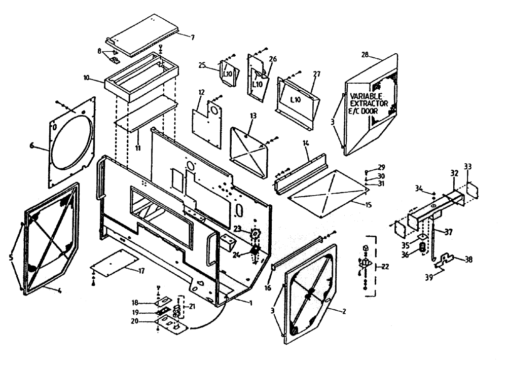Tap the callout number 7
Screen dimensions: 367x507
(x=192, y=37)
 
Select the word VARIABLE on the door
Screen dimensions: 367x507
(x=366, y=96)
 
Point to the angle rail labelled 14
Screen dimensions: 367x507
(x=299, y=168)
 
